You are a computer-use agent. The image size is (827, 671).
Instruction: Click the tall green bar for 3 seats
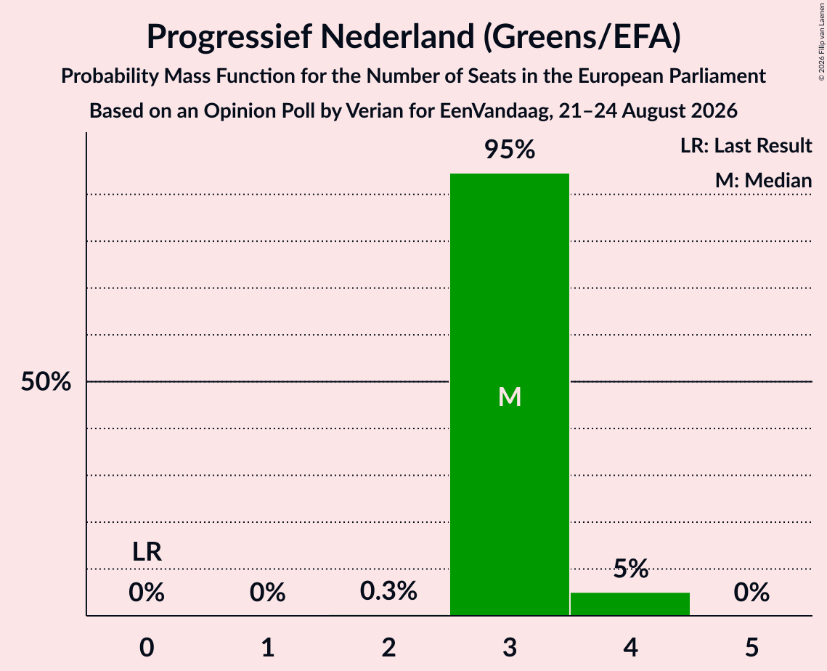pyautogui.click(x=510, y=394)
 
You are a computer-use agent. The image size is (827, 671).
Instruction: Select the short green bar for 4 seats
pyautogui.click(x=630, y=604)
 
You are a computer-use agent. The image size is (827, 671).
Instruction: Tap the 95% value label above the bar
pyautogui.click(x=510, y=150)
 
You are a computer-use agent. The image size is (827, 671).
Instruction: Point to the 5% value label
pyautogui.click(x=631, y=569)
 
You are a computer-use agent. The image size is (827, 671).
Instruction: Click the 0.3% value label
pyautogui.click(x=388, y=591)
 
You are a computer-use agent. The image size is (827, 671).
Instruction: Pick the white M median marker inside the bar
pyautogui.click(x=510, y=396)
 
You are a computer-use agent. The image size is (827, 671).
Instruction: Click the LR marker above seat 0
pyautogui.click(x=147, y=552)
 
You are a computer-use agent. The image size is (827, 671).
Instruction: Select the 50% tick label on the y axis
pyautogui.click(x=46, y=381)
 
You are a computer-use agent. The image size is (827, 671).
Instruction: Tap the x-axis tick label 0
pyautogui.click(x=147, y=648)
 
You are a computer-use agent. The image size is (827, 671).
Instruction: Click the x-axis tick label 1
pyautogui.click(x=268, y=648)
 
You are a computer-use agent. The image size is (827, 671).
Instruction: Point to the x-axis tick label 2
pyautogui.click(x=388, y=648)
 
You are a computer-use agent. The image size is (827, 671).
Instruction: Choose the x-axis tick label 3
pyautogui.click(x=510, y=648)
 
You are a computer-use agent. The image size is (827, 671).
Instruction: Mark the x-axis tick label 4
pyautogui.click(x=631, y=648)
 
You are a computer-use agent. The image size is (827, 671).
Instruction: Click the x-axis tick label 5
pyautogui.click(x=751, y=648)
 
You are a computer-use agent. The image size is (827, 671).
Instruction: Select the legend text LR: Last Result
pyautogui.click(x=746, y=145)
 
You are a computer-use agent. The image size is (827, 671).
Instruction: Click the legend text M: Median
pyautogui.click(x=763, y=180)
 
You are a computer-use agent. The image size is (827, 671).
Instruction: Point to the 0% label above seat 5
pyautogui.click(x=751, y=593)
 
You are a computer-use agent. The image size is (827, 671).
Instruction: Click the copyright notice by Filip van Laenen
pyautogui.click(x=821, y=41)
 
